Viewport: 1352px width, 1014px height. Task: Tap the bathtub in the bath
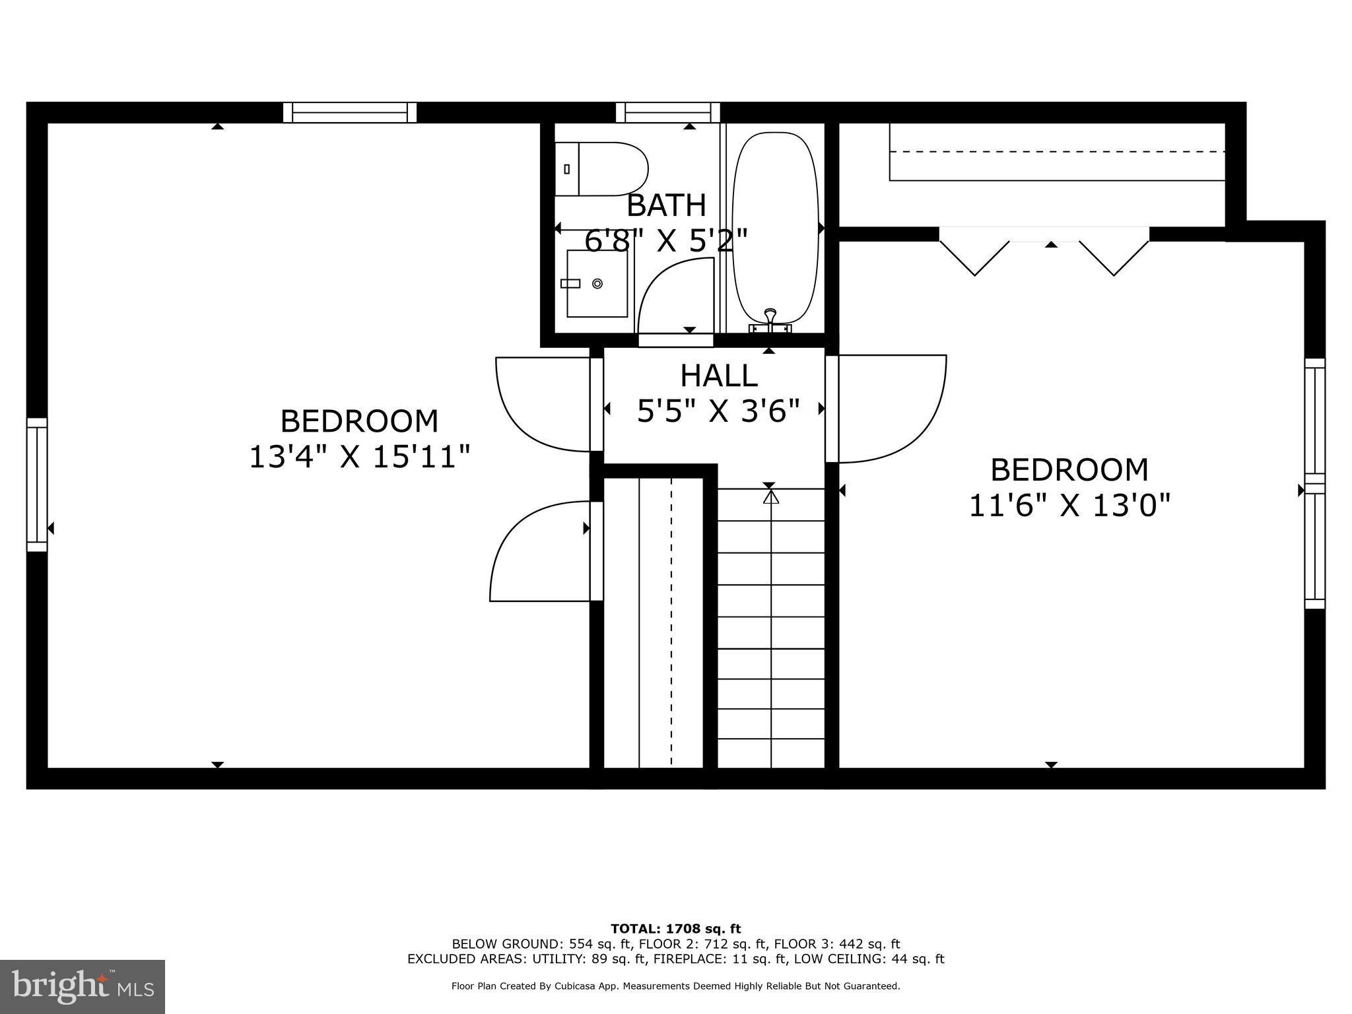pyautogui.click(x=775, y=228)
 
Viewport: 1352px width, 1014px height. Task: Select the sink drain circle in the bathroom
pyautogui.click(x=597, y=283)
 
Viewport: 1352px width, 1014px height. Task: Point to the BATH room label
pyautogui.click(x=666, y=205)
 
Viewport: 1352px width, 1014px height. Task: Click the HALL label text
pyautogui.click(x=718, y=376)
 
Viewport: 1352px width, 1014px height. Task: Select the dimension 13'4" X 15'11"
pyautogui.click(x=359, y=457)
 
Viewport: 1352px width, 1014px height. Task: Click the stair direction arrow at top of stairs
pyautogui.click(x=770, y=496)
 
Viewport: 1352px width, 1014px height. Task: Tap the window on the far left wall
pyautogui.click(x=37, y=485)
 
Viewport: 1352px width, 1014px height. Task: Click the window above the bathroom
pyautogui.click(x=667, y=112)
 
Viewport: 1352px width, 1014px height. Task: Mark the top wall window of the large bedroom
pyautogui.click(x=350, y=112)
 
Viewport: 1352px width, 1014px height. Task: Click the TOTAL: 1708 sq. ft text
pyautogui.click(x=675, y=929)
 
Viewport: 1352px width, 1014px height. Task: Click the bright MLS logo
pyautogui.click(x=83, y=986)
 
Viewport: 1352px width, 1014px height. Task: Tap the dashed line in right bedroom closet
pyautogui.click(x=1056, y=152)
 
